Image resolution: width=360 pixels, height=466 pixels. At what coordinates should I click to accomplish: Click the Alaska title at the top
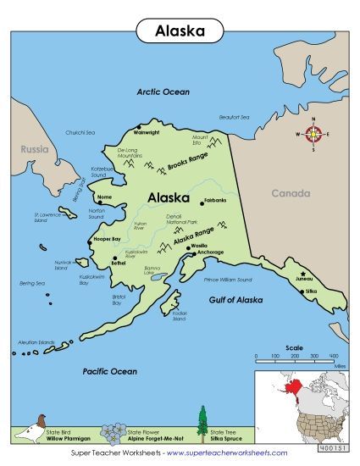click(x=179, y=31)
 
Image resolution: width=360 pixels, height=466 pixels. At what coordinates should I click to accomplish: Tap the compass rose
click(x=313, y=134)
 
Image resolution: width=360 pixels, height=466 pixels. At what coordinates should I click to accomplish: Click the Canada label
click(x=291, y=193)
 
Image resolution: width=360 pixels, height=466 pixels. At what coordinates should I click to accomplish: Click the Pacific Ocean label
click(x=109, y=371)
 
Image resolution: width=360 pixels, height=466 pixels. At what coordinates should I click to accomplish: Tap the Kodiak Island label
click(x=179, y=316)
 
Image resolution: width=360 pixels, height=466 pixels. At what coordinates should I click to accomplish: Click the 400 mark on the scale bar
click(x=333, y=356)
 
